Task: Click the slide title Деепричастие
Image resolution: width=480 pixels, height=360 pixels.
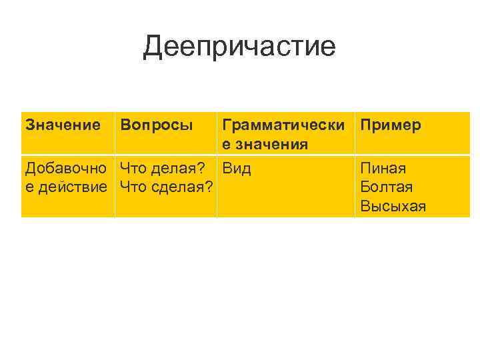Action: coord(239,47)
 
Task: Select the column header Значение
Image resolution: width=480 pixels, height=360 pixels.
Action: coord(63,125)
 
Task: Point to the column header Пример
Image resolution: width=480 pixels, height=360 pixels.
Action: coord(391,125)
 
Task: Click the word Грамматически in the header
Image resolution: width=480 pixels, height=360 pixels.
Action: coord(284,125)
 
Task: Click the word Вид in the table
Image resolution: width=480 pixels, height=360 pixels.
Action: coord(237,168)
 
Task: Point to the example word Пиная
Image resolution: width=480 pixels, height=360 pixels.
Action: coord(383,168)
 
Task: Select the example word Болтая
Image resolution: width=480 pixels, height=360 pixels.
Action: coord(386,187)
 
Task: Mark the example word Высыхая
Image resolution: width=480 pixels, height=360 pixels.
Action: coord(393,207)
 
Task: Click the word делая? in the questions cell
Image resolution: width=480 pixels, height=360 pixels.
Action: coord(179,168)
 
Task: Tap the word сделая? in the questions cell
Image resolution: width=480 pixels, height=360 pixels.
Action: coord(183,187)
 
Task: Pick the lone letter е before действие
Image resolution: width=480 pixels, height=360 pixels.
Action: coord(29,187)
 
